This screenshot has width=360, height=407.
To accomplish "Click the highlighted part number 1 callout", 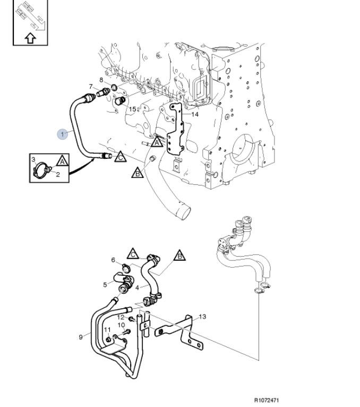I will click(63, 133).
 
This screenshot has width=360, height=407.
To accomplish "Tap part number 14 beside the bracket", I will click(195, 114).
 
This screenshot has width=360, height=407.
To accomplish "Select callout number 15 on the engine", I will click(132, 109).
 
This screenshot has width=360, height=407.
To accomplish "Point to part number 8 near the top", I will click(101, 80).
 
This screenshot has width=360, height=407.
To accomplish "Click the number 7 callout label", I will click(90, 87).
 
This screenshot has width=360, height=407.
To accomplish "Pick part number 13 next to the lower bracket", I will click(202, 317).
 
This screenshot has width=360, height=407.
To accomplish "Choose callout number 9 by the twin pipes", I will click(81, 336).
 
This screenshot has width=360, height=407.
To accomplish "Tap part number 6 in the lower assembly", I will click(113, 260).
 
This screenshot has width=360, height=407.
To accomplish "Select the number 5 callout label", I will click(105, 284).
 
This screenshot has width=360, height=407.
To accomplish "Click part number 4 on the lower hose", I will click(137, 287).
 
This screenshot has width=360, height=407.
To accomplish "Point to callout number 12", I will click(120, 317).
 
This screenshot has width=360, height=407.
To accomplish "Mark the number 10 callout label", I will click(121, 325).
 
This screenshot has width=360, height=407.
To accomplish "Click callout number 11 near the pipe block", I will click(106, 329).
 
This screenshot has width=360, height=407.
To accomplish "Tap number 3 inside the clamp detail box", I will click(33, 159).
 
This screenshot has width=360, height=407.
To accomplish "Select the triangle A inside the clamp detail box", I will click(62, 161).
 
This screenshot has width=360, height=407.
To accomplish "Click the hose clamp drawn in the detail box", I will click(40, 169).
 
